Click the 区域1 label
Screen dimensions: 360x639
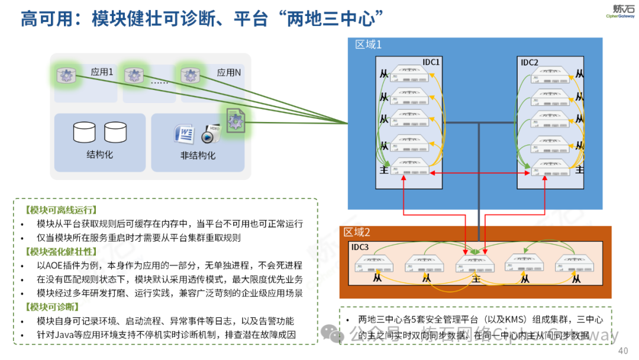[368, 44]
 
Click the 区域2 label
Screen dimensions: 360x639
[357, 232]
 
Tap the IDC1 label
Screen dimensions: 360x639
[431, 62]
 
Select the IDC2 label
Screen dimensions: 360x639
[529, 62]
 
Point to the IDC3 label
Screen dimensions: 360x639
[360, 247]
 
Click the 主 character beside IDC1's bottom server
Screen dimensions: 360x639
[385, 170]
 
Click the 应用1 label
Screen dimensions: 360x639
[102, 72]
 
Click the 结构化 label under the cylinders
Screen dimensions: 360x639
[99, 155]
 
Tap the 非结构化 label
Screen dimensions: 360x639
[198, 156]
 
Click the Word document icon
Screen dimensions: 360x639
[184, 134]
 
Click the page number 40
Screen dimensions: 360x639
[622, 351]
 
